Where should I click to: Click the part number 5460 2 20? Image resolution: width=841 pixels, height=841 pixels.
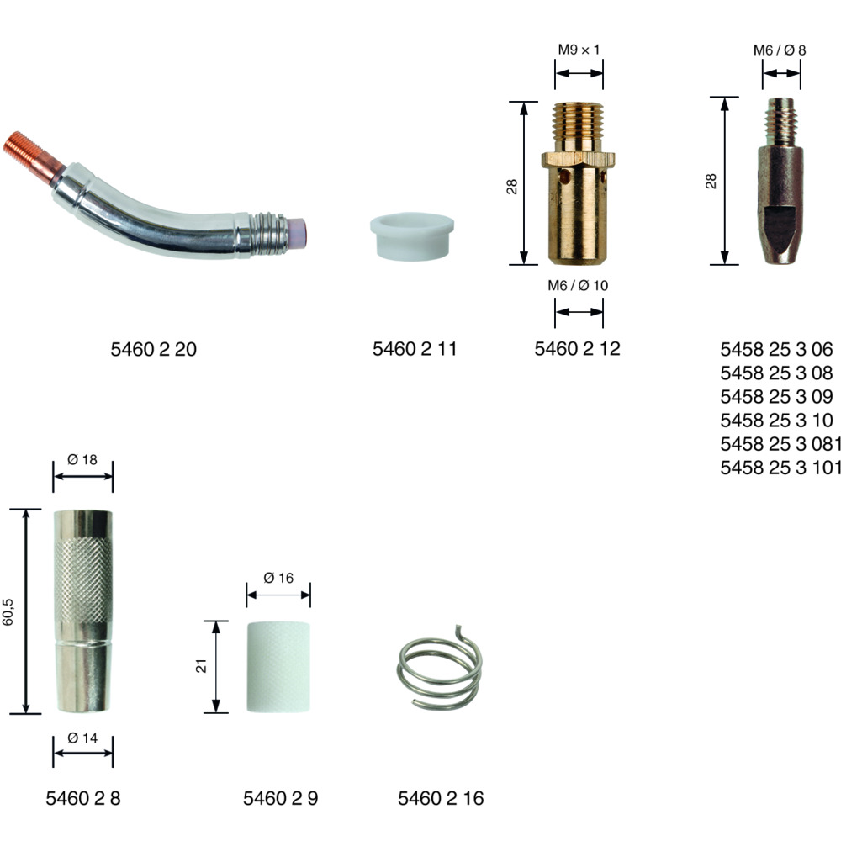tap(153, 349)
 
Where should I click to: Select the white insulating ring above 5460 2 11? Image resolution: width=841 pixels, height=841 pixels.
tap(412, 236)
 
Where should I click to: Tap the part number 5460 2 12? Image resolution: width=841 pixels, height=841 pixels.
tap(577, 349)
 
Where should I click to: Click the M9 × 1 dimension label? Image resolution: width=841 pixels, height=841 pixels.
tap(579, 50)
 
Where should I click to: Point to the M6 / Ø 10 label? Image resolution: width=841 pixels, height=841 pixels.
tap(578, 285)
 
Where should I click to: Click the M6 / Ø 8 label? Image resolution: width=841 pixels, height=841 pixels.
tap(780, 50)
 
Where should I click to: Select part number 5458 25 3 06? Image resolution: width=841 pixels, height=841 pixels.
tap(776, 349)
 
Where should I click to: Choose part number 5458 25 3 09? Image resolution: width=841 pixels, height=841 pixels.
tap(776, 396)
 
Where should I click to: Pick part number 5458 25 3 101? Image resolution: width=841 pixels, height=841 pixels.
tap(780, 467)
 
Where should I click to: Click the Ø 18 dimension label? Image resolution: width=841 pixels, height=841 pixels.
tap(82, 460)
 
